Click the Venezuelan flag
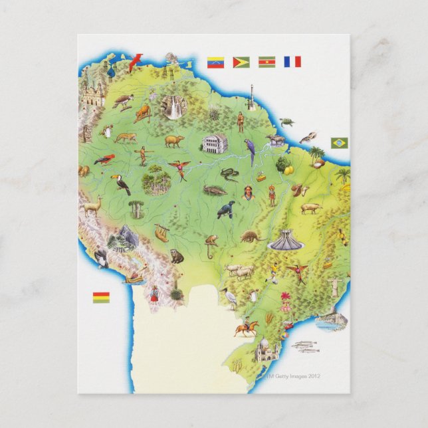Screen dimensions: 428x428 point(215,62)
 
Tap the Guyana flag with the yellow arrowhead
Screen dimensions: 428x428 point(241,62)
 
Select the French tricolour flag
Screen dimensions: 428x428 point(292,62)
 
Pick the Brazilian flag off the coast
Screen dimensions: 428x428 point(339,143)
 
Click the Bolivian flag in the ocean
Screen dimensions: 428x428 point(101,296)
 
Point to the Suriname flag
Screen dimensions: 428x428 point(267,62)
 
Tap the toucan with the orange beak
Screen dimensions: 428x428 point(120,183)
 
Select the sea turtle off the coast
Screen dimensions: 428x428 point(287,122)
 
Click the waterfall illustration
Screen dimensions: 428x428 point(175,107)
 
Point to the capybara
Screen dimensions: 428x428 point(175,141)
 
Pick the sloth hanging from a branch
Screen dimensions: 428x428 point(161,233)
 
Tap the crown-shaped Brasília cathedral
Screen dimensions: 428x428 point(285,239)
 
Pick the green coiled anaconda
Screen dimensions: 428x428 point(229,175)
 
